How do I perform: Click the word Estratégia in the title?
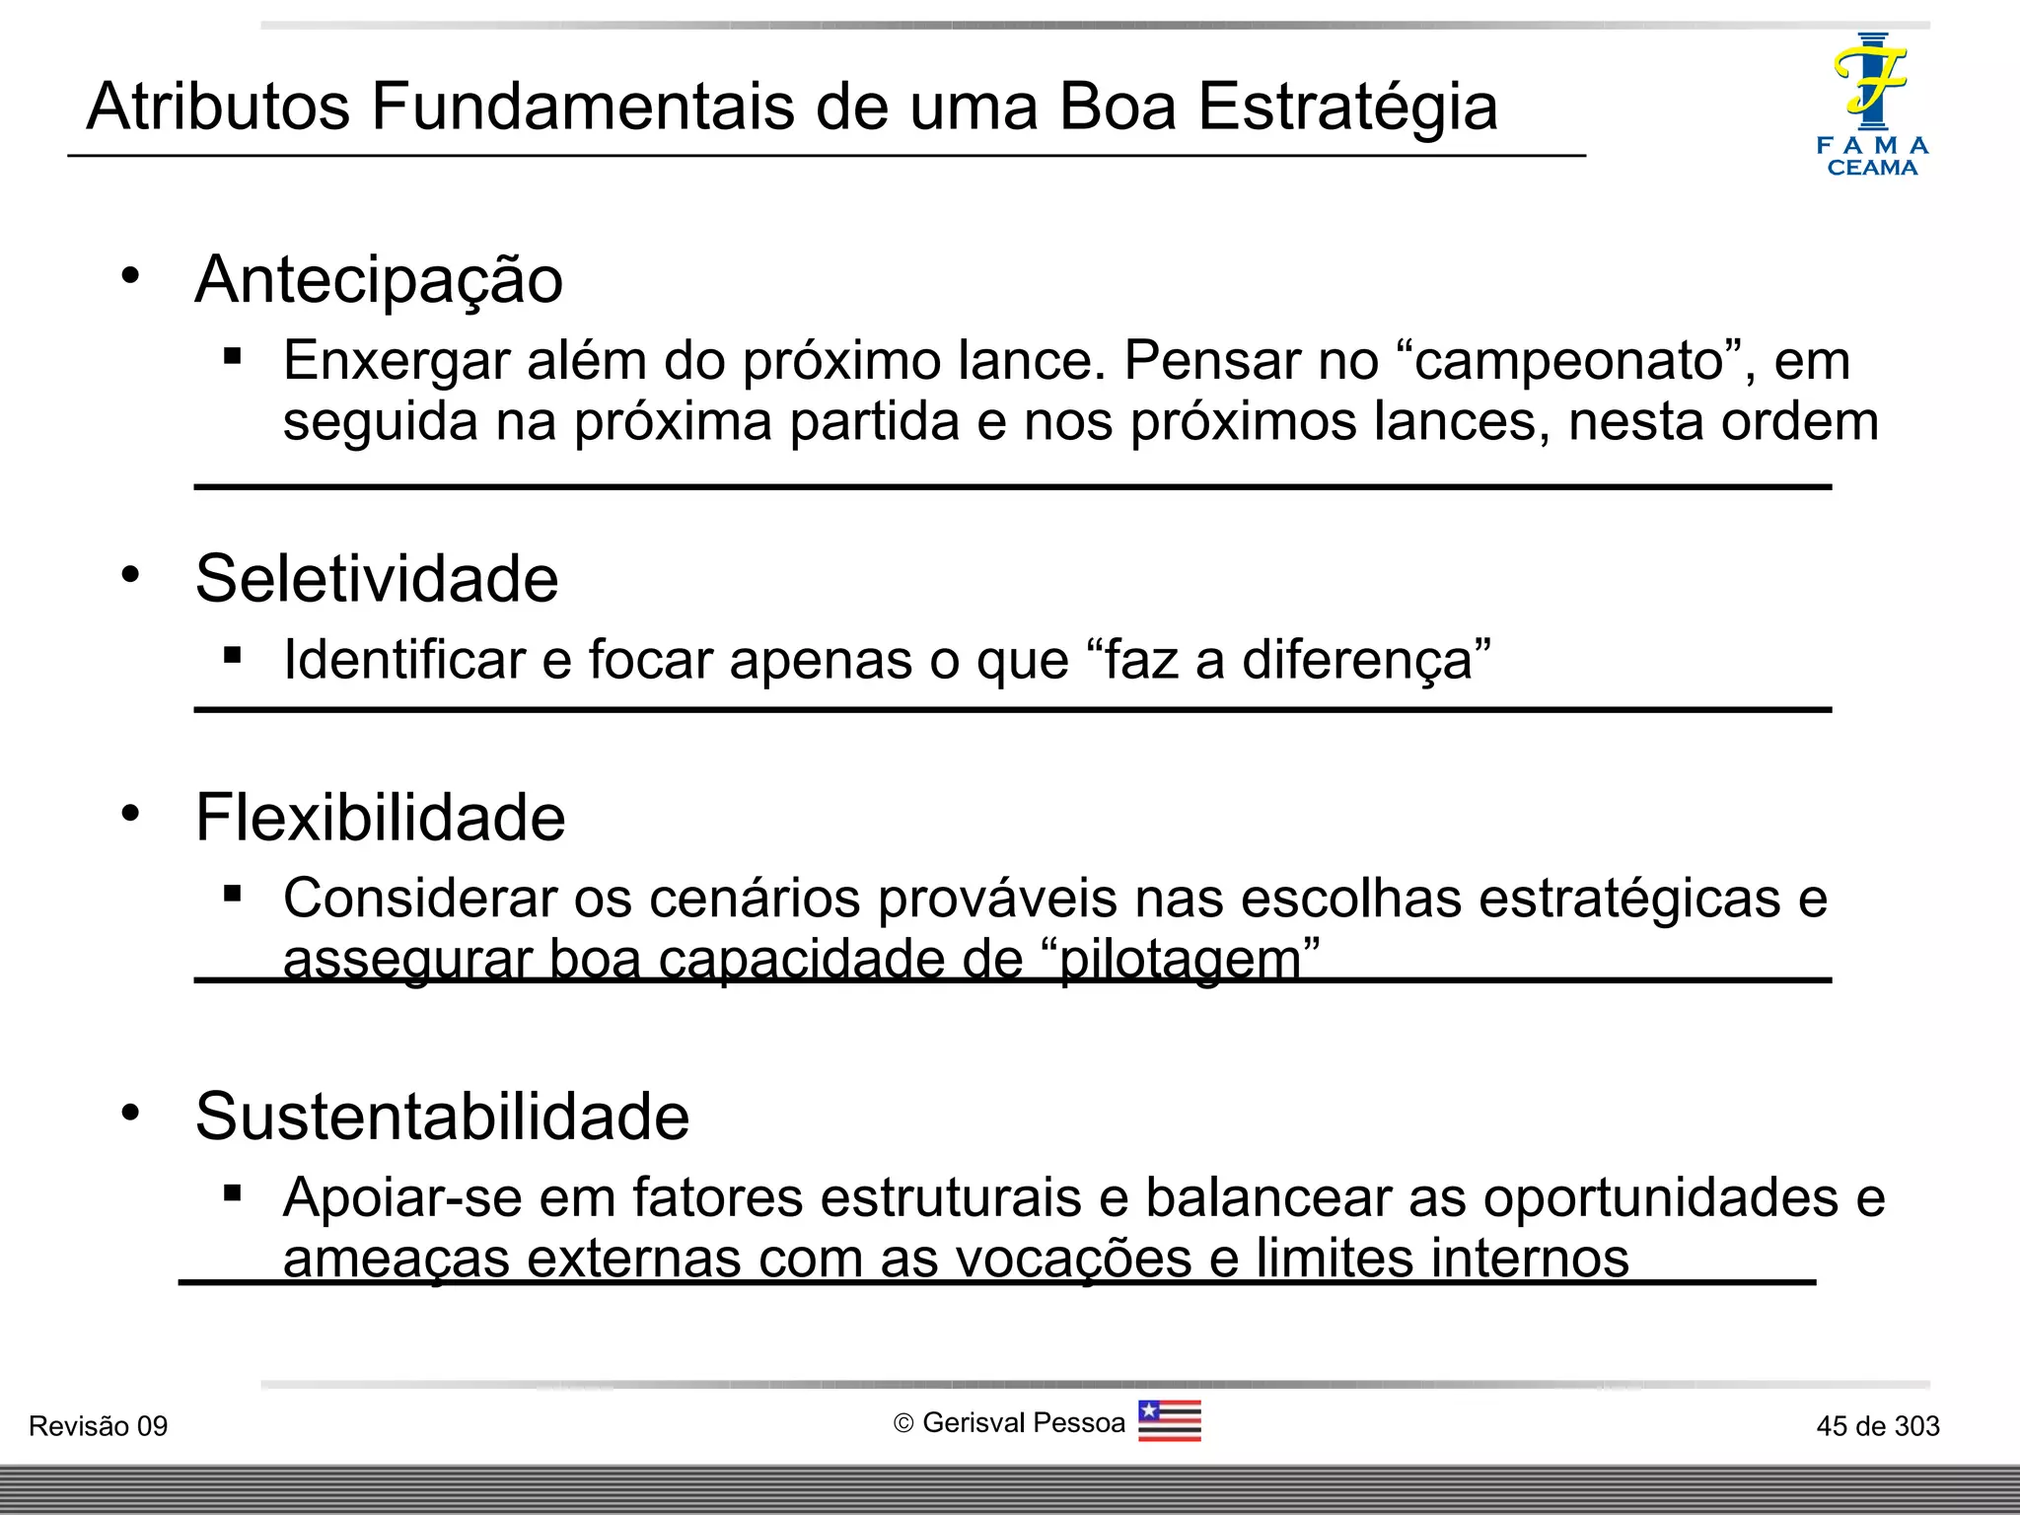1347,107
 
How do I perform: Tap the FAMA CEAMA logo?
1871,105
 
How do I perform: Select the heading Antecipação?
379,280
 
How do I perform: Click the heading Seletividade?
377,579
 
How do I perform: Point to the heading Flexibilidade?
380,818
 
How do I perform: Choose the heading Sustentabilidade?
442,1117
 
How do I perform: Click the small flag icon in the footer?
1169,1421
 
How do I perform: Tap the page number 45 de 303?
1877,1426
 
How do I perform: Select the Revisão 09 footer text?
98,1426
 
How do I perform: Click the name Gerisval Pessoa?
1023,1423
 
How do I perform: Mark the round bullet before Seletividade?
130,574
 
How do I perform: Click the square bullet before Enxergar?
233,356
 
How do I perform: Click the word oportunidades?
1661,1197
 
